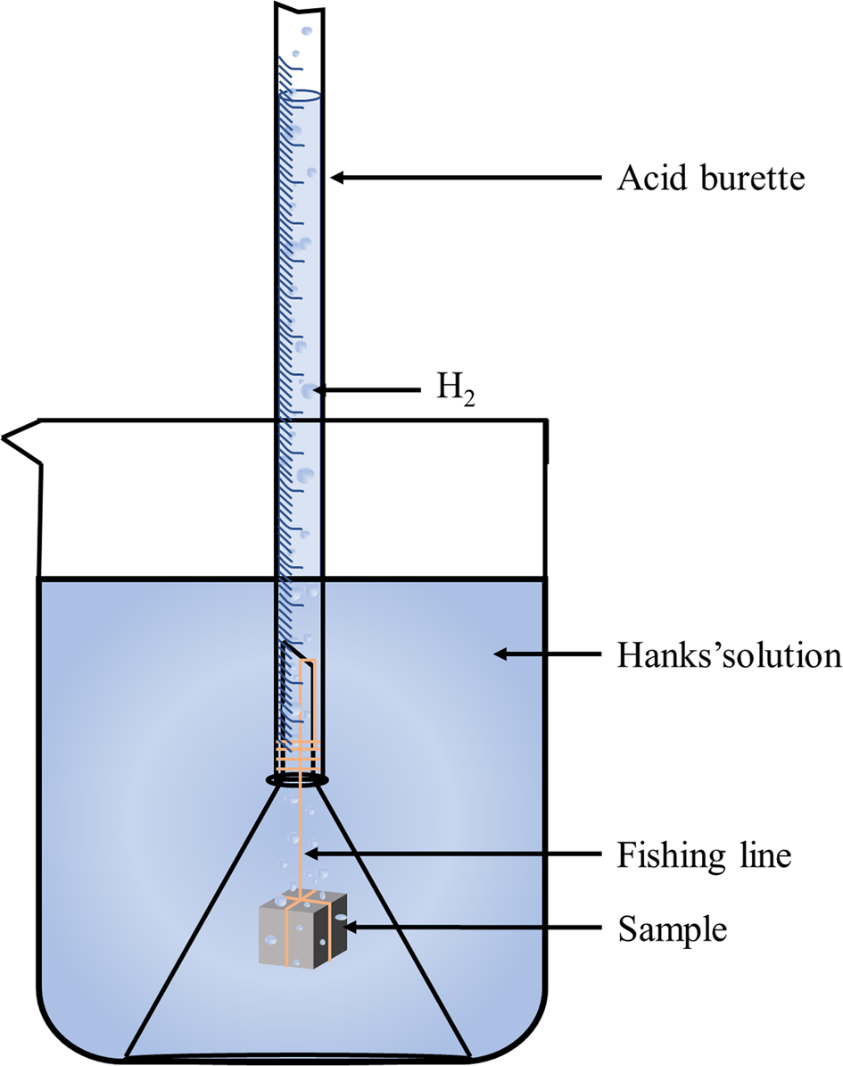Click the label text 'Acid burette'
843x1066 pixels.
click(x=711, y=179)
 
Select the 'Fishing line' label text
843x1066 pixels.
click(x=704, y=856)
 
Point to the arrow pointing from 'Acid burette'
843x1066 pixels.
click(x=464, y=179)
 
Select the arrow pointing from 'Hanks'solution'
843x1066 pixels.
click(x=541, y=655)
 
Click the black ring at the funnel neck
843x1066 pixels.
click(x=299, y=780)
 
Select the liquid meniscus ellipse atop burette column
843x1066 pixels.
click(x=299, y=95)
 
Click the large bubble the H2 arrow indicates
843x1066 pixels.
click(x=309, y=391)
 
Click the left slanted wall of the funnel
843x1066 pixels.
click(x=202, y=920)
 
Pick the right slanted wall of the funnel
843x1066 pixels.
click(x=396, y=920)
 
